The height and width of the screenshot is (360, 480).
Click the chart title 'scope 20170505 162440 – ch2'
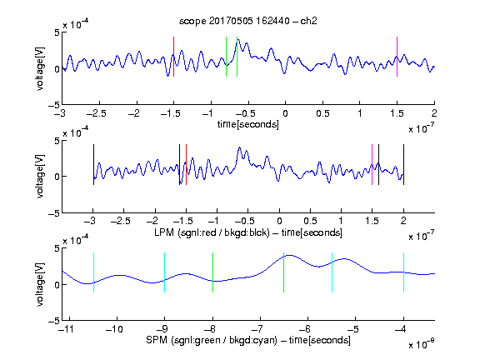(x=248, y=21)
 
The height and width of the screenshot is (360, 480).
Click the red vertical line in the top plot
(x=173, y=57)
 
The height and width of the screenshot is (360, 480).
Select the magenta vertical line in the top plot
(x=397, y=57)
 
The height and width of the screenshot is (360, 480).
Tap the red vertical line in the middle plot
(x=186, y=165)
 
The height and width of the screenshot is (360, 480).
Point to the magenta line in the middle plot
(x=372, y=165)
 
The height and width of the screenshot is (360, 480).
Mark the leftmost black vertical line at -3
(x=93, y=165)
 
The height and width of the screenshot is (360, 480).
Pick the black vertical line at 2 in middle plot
(x=403, y=165)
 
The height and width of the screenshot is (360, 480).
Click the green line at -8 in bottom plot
(x=212, y=272)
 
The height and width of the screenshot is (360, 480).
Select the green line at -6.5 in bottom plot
(x=284, y=272)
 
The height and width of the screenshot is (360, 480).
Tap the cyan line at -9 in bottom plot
(x=164, y=272)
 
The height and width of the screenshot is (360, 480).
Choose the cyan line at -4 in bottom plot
(x=403, y=272)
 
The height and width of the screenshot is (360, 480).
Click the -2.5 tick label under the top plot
(x=97, y=113)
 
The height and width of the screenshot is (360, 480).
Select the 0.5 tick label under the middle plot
(x=310, y=221)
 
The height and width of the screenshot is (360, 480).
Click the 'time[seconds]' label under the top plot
(x=248, y=124)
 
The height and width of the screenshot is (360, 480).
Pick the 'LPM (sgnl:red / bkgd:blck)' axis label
(x=212, y=232)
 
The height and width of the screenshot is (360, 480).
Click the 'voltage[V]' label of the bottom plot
(x=40, y=284)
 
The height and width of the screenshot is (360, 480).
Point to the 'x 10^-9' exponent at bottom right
(x=421, y=344)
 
